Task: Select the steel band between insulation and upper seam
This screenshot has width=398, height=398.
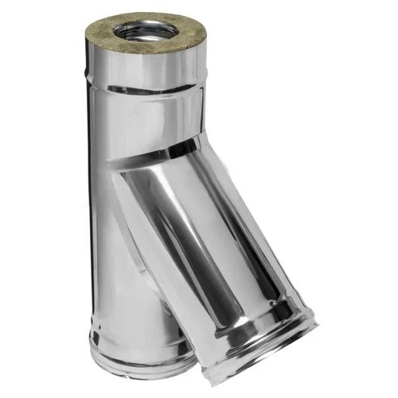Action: point(147,68)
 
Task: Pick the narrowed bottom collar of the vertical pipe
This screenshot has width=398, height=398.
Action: point(127,366)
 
